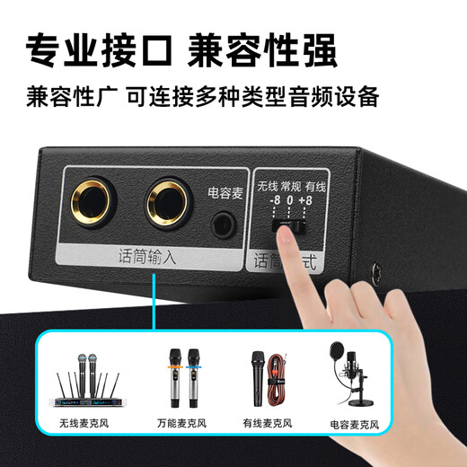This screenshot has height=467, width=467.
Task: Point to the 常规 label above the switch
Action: point(289,186)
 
